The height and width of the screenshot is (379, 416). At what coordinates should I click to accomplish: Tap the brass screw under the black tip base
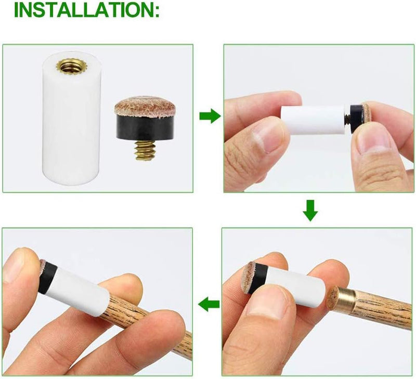145,150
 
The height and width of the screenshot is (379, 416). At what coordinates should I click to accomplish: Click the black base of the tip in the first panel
146,128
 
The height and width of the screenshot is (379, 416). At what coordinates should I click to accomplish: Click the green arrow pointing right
210,116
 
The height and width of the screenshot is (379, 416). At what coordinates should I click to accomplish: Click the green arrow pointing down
310,211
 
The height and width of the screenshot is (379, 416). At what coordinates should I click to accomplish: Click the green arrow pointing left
209,304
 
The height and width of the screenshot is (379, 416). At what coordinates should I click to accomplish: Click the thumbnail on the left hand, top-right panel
266,138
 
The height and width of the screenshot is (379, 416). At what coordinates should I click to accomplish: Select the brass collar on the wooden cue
344,299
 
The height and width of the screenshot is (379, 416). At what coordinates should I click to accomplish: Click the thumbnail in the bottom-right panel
269,304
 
